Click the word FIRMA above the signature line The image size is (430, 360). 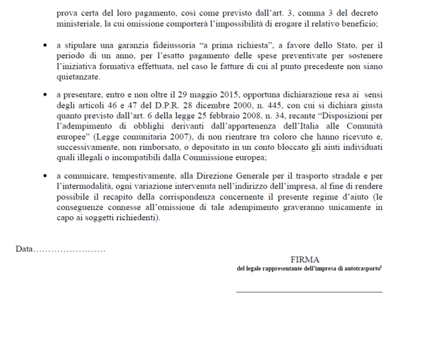(304, 259)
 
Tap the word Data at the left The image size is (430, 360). (24, 249)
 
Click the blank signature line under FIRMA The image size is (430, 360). (309, 291)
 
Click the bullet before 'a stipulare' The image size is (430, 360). (45, 46)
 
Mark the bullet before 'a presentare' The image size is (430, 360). (45, 96)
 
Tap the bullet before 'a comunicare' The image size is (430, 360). (45, 175)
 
